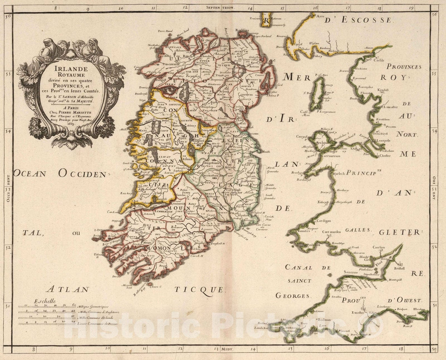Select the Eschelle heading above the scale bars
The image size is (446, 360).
point(45,301)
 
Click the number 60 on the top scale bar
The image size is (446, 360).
point(74,305)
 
